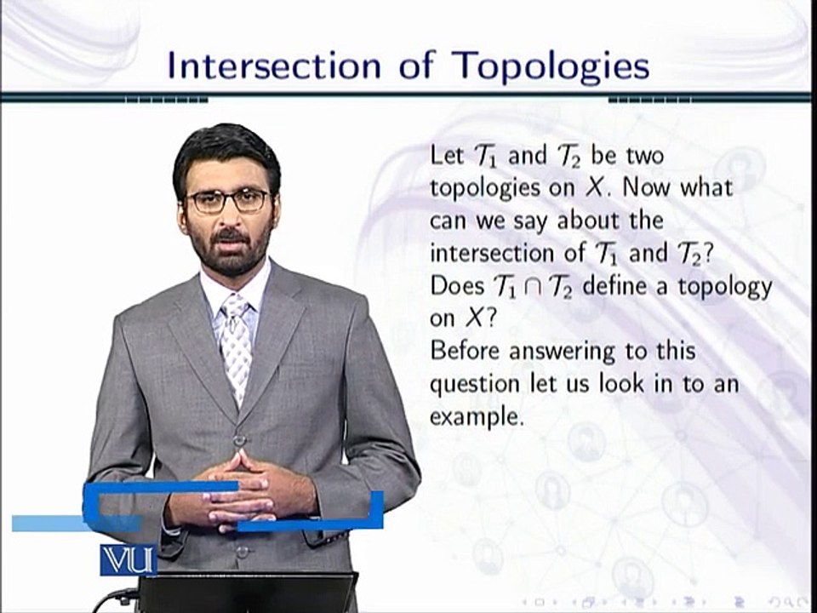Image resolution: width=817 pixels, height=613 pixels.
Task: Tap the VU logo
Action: pyautogui.click(x=128, y=559)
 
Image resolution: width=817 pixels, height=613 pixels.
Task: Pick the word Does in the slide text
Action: pyautogui.click(x=456, y=286)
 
